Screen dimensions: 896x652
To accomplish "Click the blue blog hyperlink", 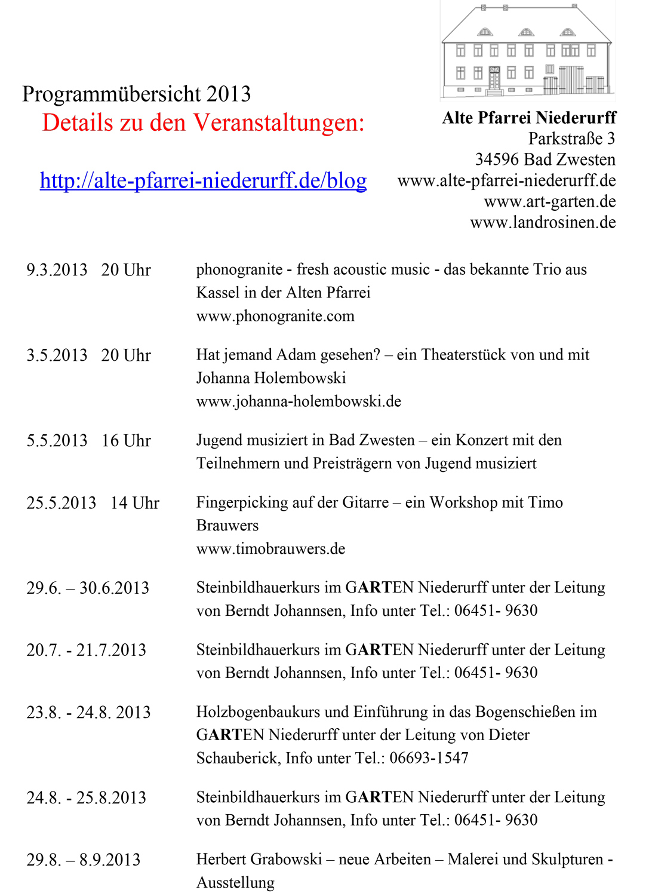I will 203,180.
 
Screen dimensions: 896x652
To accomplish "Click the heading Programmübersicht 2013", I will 136,94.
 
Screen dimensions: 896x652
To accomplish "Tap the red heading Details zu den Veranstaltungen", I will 203,123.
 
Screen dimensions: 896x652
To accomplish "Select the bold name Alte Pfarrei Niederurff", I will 529,118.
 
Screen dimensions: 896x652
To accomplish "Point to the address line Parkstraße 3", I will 571,139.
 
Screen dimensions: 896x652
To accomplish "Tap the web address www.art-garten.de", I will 550,201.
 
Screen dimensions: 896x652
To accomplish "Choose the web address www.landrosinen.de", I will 543,222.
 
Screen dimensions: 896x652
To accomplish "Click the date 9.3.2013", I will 57,270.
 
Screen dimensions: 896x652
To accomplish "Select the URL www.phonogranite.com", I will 275,316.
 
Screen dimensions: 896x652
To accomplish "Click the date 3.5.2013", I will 57,355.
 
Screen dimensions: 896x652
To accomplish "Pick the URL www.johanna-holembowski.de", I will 299,401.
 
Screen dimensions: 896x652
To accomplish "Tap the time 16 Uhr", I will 126,441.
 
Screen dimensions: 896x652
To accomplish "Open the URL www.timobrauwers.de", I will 270,549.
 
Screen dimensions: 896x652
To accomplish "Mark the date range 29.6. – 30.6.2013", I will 88,588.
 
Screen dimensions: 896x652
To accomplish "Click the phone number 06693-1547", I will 429,758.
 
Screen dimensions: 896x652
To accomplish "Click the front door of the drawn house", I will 494,79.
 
